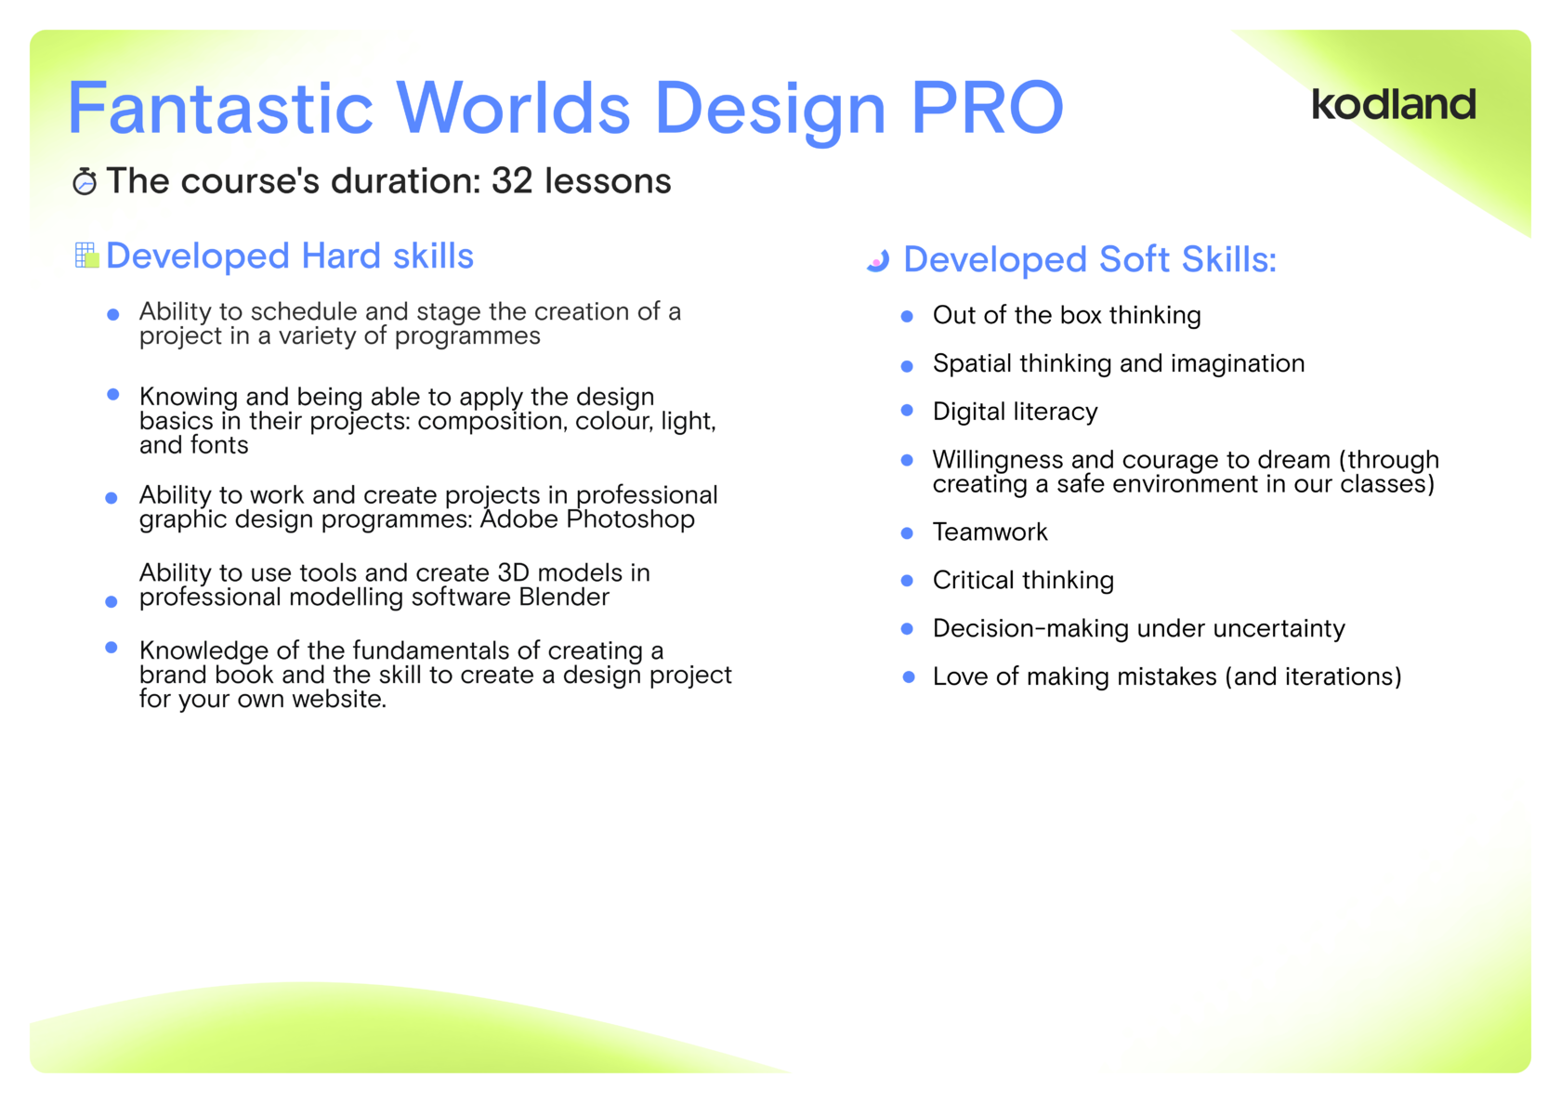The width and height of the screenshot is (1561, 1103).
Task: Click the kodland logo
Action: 1394,104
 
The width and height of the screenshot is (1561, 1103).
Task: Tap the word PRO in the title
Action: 987,107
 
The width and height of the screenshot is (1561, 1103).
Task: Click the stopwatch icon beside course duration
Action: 85,181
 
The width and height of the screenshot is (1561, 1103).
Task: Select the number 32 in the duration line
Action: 512,180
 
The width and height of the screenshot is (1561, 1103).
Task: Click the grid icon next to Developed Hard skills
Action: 86,255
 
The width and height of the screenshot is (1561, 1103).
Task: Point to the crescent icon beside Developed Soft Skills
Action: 878,260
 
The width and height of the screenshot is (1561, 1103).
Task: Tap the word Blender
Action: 564,597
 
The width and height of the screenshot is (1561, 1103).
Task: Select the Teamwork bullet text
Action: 990,532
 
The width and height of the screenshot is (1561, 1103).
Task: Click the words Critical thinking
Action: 1023,581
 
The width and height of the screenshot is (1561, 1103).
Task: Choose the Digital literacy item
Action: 1015,412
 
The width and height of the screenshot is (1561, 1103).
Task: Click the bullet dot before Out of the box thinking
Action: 907,316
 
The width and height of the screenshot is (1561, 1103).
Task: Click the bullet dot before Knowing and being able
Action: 113,394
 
